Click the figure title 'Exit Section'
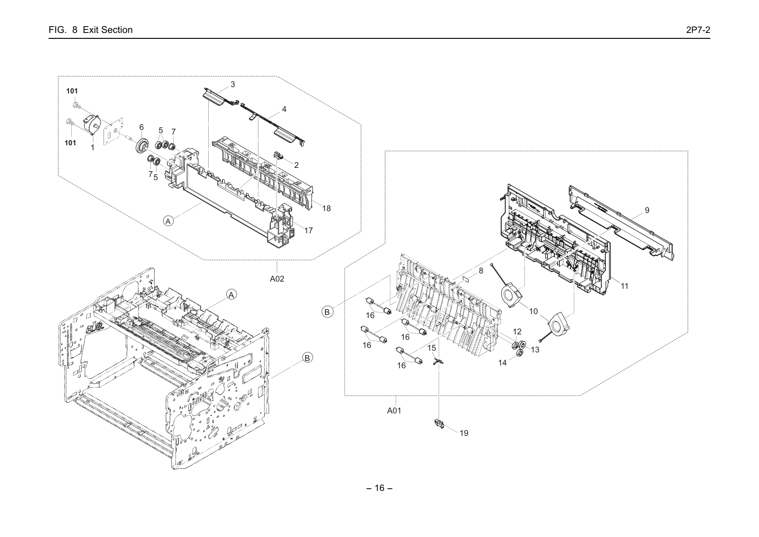pos(107,30)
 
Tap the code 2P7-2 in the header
pos(698,30)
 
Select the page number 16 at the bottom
pos(379,488)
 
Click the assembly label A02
pos(277,279)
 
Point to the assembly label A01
pos(394,411)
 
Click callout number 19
pos(464,433)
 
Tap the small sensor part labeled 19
pos(439,424)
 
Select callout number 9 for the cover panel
pos(647,210)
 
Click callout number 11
pos(625,286)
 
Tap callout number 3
pos(233,84)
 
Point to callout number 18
pos(326,208)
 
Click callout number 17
pos(308,231)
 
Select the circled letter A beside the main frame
pos(231,295)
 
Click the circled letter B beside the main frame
pos(307,358)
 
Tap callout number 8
pos(481,271)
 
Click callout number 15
pos(431,348)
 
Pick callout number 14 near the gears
pos(502,363)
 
